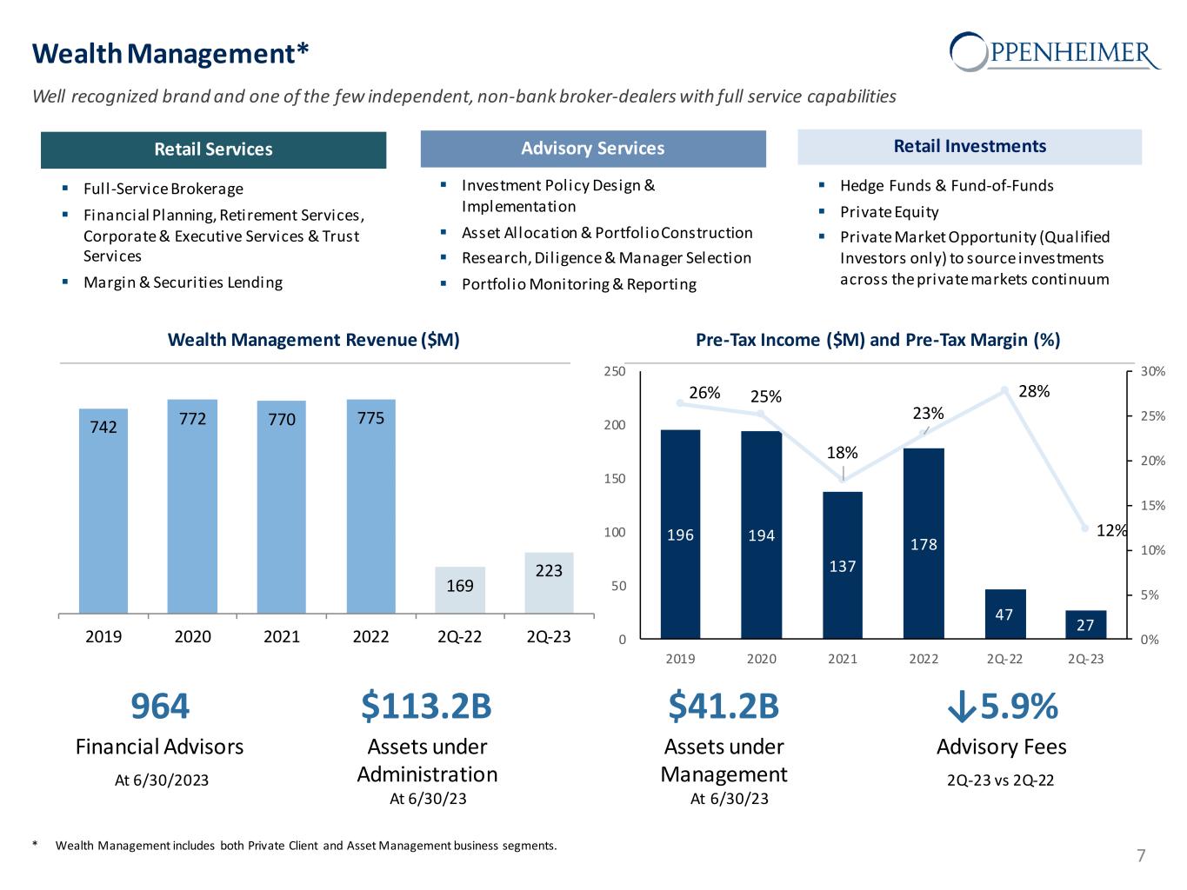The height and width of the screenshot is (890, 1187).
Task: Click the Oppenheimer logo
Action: tap(1055, 51)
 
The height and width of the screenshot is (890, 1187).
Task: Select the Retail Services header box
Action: tap(213, 149)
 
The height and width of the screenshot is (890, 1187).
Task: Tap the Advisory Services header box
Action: tap(593, 149)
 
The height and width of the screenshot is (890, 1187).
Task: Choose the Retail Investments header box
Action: tap(970, 147)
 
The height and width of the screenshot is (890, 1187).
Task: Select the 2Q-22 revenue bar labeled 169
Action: tap(460, 590)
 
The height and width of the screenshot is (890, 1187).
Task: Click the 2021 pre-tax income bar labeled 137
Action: tap(843, 565)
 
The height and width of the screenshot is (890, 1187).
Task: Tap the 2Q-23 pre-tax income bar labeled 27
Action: tap(1085, 625)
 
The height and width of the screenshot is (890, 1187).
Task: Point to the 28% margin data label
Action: tap(1034, 391)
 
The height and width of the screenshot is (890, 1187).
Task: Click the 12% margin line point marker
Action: tap(1084, 528)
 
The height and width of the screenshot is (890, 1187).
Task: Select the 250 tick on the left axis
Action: tap(615, 372)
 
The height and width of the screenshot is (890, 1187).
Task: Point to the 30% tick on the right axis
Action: tap(1153, 372)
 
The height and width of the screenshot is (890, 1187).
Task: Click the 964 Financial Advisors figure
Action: tap(160, 707)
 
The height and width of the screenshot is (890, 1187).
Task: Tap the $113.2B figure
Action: tap(426, 707)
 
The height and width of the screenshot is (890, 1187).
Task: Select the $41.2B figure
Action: tap(724, 707)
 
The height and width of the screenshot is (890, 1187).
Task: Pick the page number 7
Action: tap(1141, 856)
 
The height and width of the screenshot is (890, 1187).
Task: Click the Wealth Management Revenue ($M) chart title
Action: tap(313, 340)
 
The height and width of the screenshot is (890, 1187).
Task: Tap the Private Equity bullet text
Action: tap(889, 212)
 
